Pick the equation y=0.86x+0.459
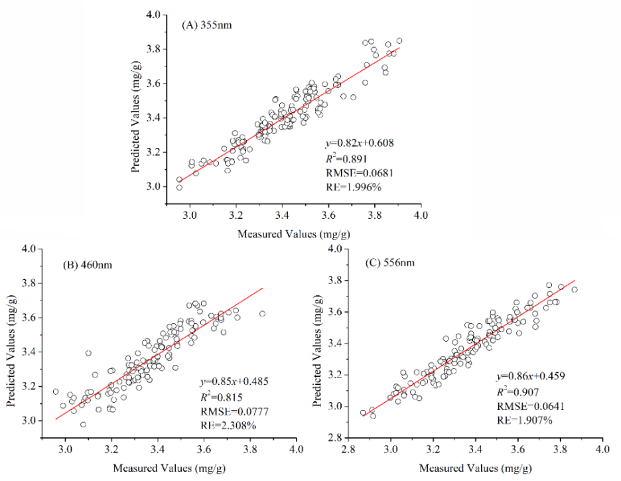[531, 376]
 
